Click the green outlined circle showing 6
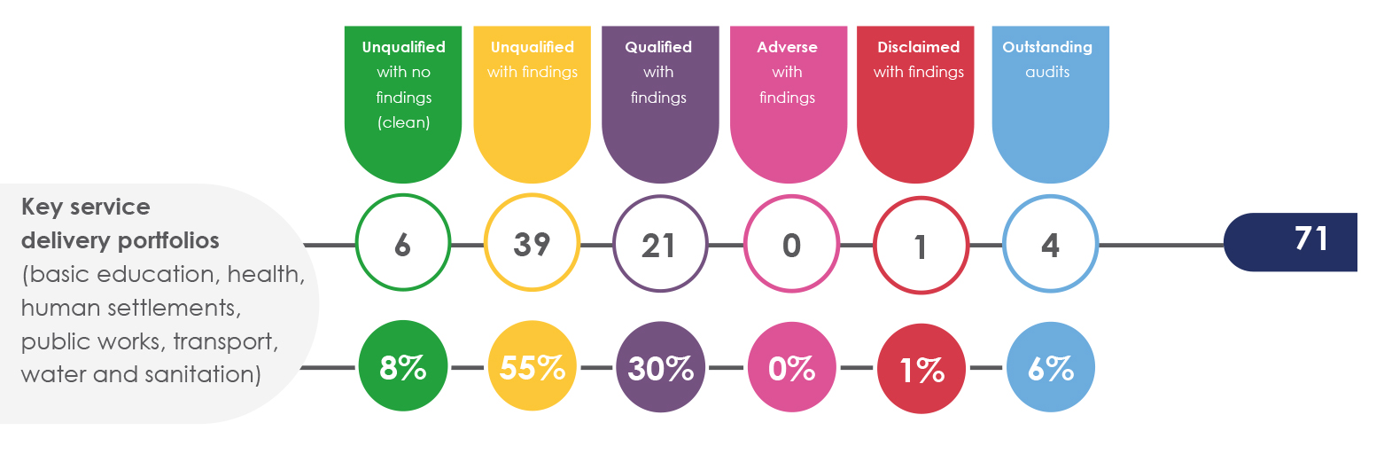click(x=402, y=243)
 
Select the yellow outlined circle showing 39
click(x=532, y=243)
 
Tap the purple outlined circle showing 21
click(x=659, y=243)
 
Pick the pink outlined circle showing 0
click(x=791, y=243)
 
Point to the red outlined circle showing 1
click(x=921, y=243)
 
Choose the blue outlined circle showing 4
click(x=1050, y=243)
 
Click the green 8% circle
click(x=402, y=367)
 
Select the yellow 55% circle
click(x=532, y=367)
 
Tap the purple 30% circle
click(x=660, y=367)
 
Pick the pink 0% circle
click(x=791, y=367)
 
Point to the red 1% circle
click(x=921, y=367)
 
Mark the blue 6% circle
click(x=1050, y=367)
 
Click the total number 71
click(x=1310, y=239)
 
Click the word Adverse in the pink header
click(x=787, y=47)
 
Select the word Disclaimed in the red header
click(x=918, y=47)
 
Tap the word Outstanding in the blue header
click(x=1047, y=47)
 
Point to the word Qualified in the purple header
click(x=658, y=47)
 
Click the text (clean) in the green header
click(x=403, y=122)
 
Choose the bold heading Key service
click(x=86, y=208)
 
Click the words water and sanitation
click(x=140, y=374)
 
